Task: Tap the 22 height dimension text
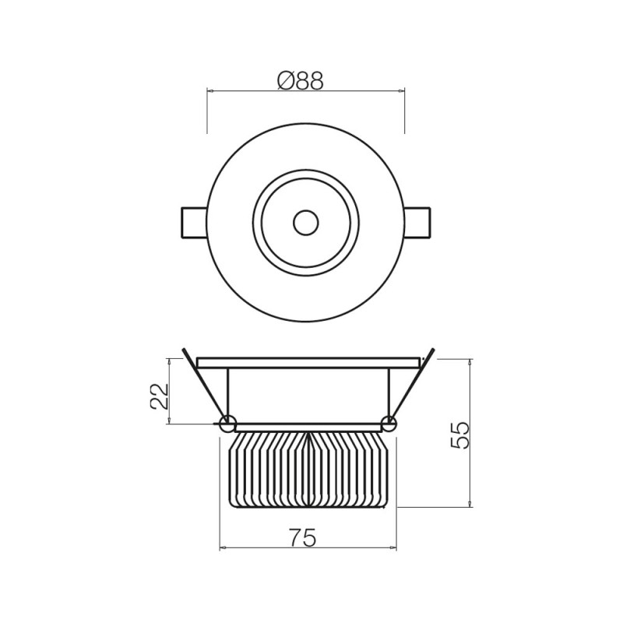pyautogui.click(x=159, y=396)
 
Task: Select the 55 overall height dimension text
pyautogui.click(x=460, y=435)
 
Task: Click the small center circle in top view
pyautogui.click(x=305, y=223)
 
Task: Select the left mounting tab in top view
pyautogui.click(x=193, y=222)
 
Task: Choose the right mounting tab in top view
pyautogui.click(x=417, y=222)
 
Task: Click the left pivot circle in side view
pyautogui.click(x=227, y=424)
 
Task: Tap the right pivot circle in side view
pyautogui.click(x=388, y=424)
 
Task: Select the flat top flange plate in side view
pyautogui.click(x=308, y=363)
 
